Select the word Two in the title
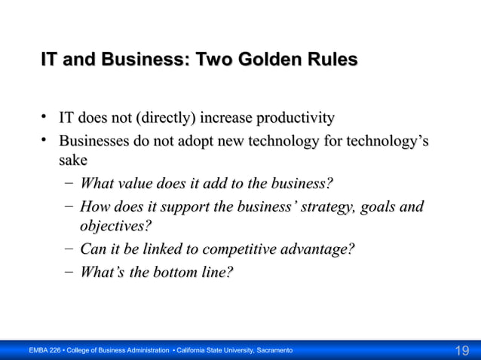[x=215, y=59]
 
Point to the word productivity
[x=296, y=118]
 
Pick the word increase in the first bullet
[x=228, y=118]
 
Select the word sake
[x=73, y=160]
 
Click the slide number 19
[x=461, y=350]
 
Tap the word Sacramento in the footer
[x=272, y=351]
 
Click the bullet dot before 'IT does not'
[x=46, y=117]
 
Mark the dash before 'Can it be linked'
[x=69, y=249]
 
